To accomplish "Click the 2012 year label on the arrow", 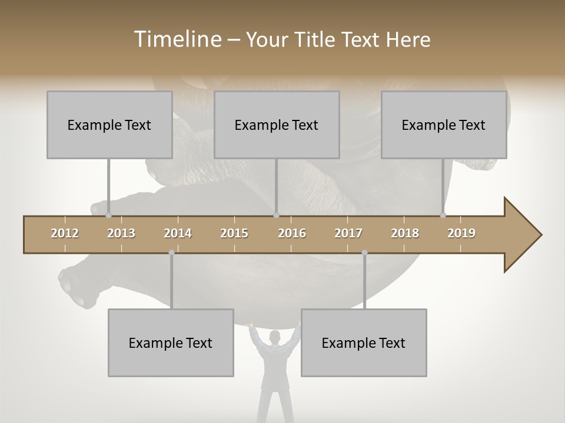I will pos(65,233).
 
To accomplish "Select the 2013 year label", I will pos(121,233).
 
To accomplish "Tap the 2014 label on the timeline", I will pos(178,233).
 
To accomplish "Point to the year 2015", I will pos(234,233).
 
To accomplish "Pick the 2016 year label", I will pos(292,233).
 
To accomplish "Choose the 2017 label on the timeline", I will pos(348,233).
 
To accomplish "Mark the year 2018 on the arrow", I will pos(405,233).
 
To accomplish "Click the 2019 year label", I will pos(461,233).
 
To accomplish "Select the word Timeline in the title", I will pos(177,39).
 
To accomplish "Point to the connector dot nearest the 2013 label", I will pos(109,215).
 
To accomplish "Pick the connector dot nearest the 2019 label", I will pos(443,215).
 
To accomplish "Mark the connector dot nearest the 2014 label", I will pos(171,253).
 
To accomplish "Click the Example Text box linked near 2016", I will pos(277,125).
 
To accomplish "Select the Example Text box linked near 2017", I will pos(364,343).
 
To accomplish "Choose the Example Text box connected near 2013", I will pos(109,125).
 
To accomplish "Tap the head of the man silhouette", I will pos(274,337).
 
